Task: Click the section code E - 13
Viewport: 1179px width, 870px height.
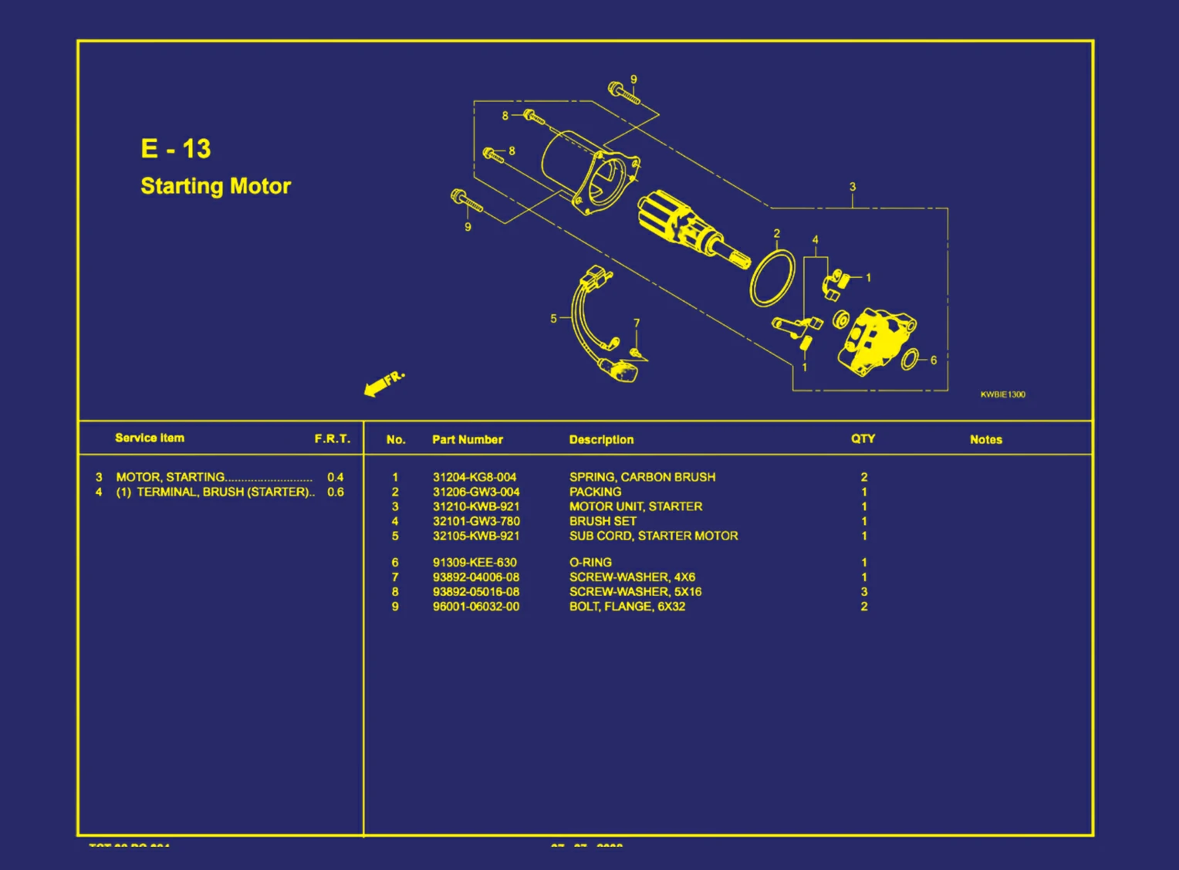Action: (x=175, y=148)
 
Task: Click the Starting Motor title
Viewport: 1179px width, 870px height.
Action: (x=215, y=186)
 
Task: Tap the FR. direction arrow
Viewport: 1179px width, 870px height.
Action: (x=383, y=383)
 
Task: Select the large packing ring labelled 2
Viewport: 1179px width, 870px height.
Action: (x=772, y=277)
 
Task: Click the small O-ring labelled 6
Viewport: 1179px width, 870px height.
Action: (x=910, y=359)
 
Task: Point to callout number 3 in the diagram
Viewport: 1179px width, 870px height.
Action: (x=853, y=187)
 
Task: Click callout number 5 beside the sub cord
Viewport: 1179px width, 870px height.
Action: (x=553, y=318)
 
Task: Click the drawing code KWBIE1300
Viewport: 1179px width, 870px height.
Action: (x=1002, y=394)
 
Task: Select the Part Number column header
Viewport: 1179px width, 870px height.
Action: (x=467, y=439)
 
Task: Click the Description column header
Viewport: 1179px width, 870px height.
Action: (x=601, y=439)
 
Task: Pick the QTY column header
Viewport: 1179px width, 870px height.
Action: (x=863, y=438)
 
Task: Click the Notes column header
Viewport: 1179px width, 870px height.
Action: (x=985, y=439)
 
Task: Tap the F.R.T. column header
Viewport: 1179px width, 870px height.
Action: (x=332, y=438)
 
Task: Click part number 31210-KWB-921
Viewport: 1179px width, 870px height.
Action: (x=475, y=506)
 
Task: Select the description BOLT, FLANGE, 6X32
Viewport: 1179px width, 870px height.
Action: (x=627, y=607)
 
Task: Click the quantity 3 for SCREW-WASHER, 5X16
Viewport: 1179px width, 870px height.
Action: (x=864, y=592)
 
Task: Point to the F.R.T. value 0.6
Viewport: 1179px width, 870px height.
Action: (x=335, y=492)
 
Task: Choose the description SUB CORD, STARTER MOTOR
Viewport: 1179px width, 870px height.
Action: (x=653, y=536)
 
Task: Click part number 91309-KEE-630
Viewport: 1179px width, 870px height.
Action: (x=475, y=563)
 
